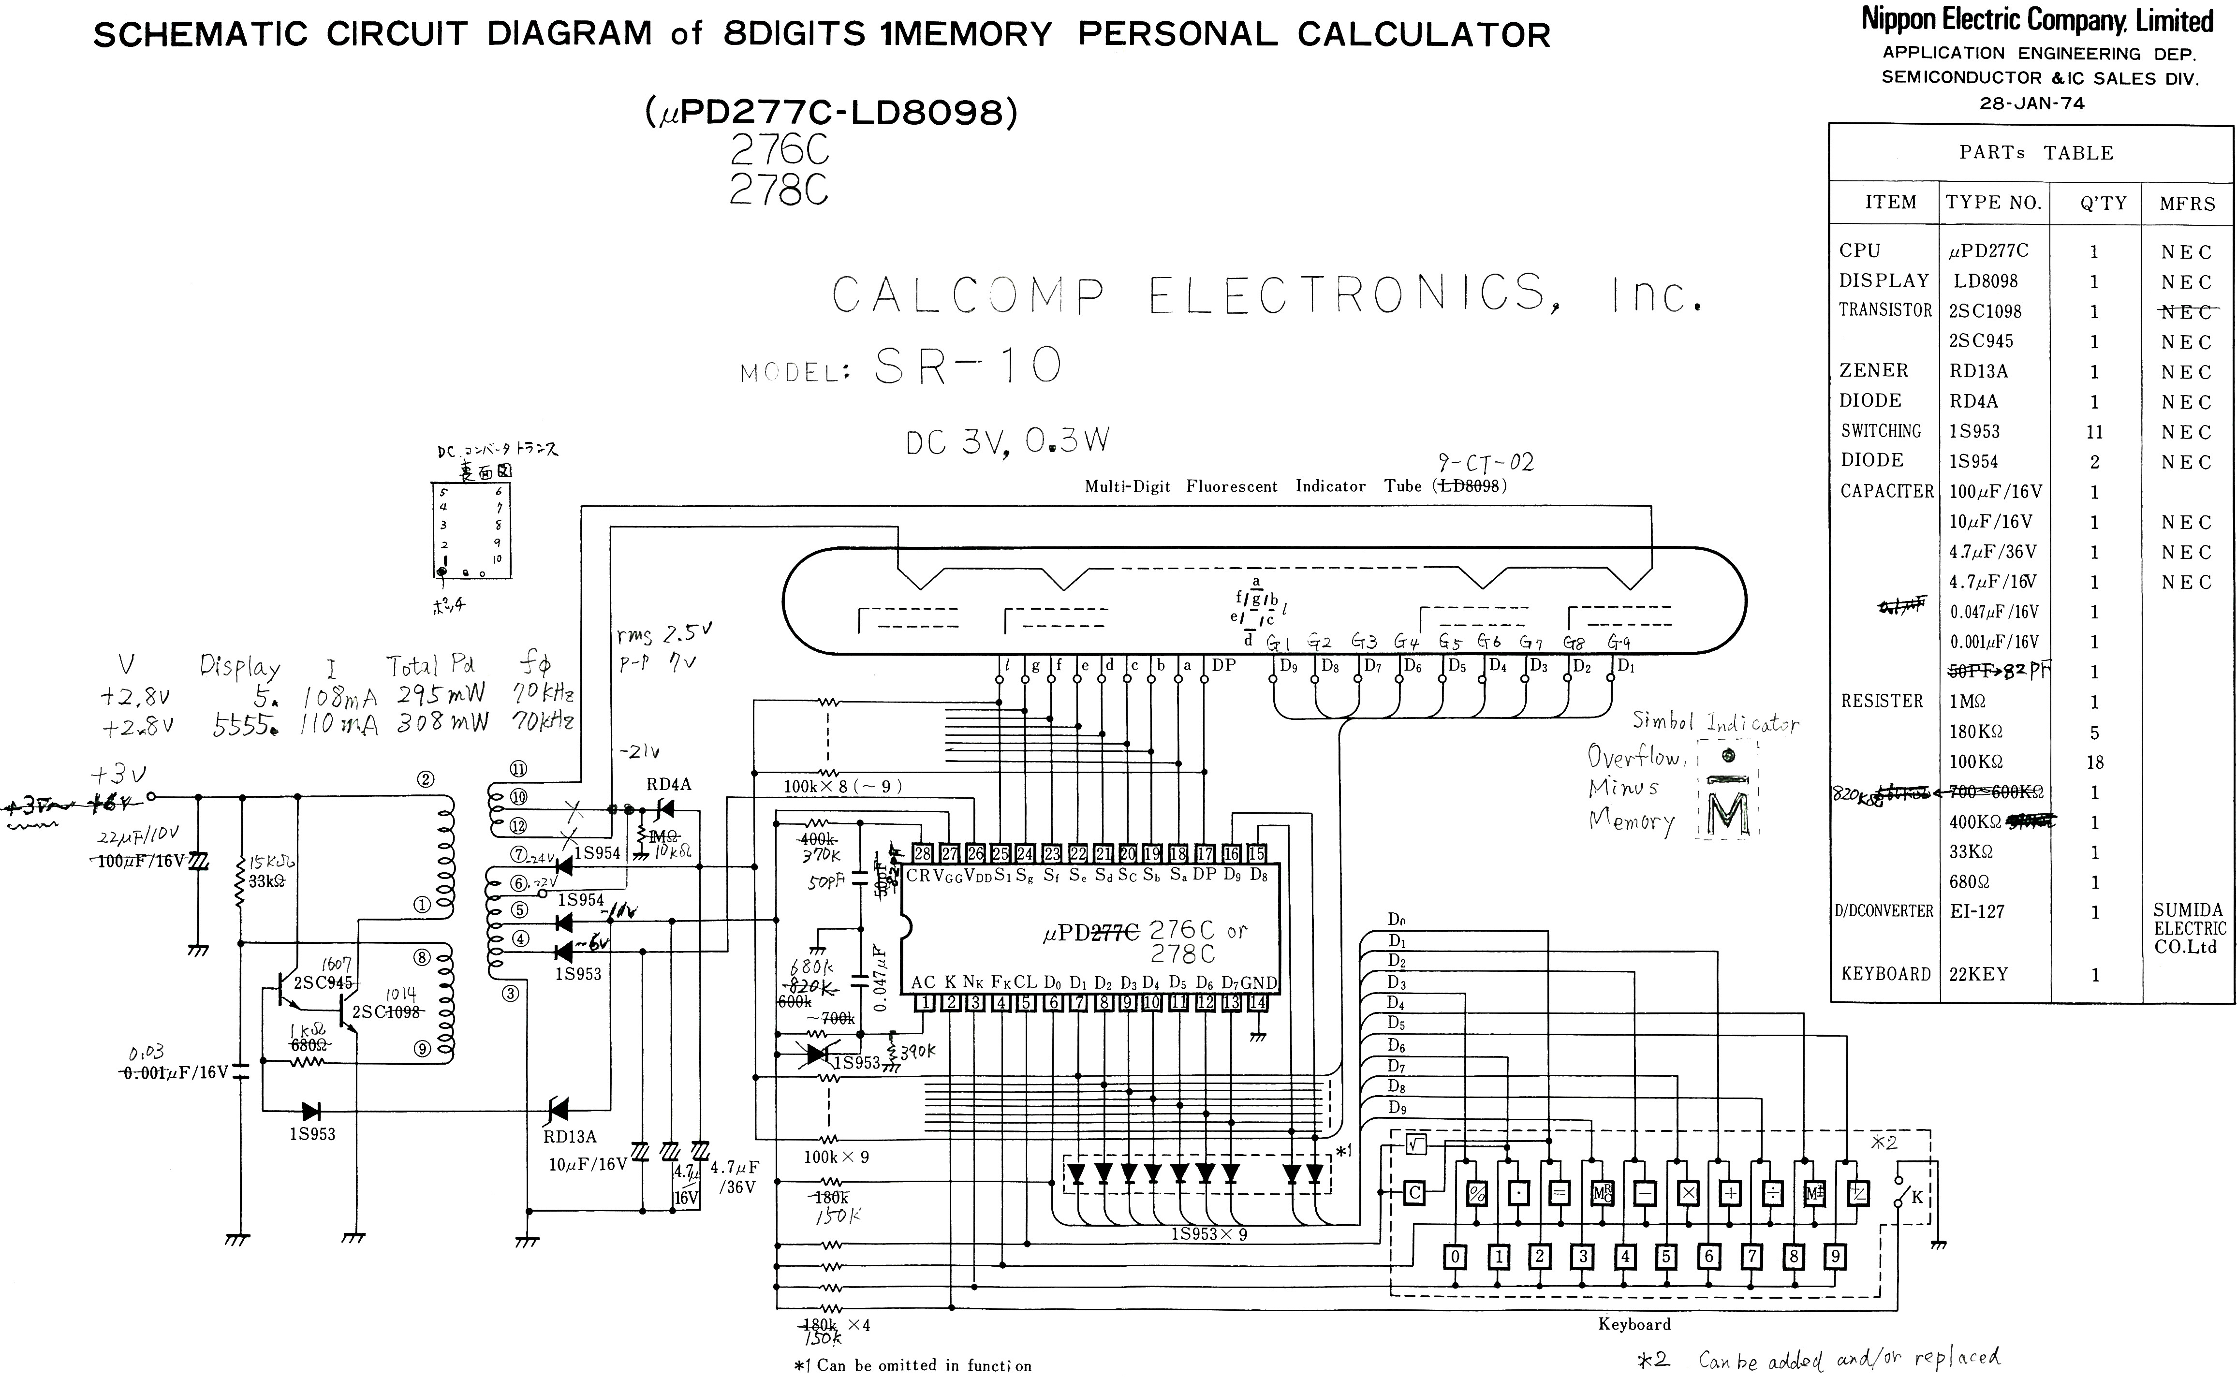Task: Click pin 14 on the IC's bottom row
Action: tap(1257, 1003)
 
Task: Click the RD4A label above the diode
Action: tap(669, 784)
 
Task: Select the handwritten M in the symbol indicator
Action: tap(1728, 813)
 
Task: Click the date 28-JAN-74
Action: tap(2031, 103)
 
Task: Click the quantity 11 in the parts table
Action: tap(2094, 432)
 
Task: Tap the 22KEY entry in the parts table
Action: tap(1978, 974)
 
